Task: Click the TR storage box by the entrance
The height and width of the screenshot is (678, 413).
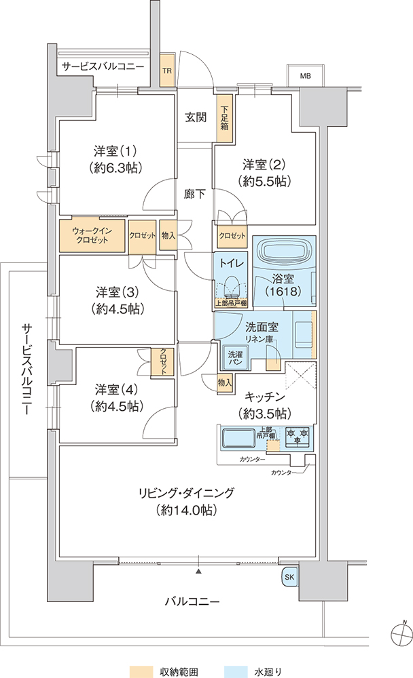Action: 166,70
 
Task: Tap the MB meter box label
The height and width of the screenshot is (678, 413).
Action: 306,77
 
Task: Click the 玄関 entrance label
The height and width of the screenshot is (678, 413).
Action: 196,117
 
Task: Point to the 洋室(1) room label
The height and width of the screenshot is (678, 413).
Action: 115,151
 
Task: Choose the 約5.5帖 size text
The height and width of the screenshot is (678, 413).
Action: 265,181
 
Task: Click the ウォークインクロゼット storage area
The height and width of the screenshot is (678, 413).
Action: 92,236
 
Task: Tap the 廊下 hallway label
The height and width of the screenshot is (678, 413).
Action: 194,194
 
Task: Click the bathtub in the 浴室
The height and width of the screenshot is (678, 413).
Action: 284,252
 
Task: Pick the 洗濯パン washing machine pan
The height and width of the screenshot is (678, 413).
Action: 235,357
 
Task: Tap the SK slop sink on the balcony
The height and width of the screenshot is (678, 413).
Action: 289,577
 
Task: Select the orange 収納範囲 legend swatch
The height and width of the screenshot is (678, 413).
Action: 142,671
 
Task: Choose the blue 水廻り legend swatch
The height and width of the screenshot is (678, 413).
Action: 236,671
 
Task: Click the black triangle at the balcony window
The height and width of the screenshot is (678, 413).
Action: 199,571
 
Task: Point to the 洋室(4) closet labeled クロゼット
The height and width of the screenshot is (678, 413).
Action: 164,361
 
